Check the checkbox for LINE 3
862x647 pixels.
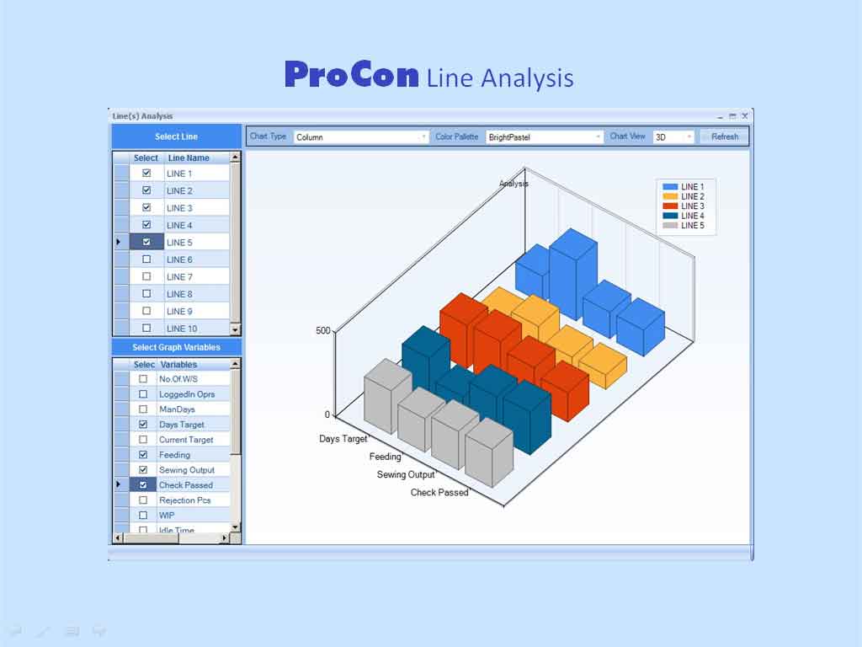click(x=146, y=207)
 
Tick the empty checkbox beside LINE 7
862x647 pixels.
click(x=146, y=276)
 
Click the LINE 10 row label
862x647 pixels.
click(x=182, y=329)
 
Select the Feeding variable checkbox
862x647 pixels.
click(x=143, y=454)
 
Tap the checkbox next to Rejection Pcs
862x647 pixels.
click(x=143, y=500)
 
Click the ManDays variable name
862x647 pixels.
click(x=177, y=409)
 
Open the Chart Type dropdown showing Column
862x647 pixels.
click(x=361, y=137)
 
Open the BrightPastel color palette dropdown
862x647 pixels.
click(x=544, y=137)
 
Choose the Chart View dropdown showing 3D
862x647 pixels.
click(x=673, y=137)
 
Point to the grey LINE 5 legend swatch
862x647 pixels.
click(x=670, y=226)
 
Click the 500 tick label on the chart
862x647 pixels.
click(x=322, y=330)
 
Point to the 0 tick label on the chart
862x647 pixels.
click(x=327, y=414)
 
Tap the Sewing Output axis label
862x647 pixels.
click(x=406, y=474)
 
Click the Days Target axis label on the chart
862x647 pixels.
click(x=343, y=438)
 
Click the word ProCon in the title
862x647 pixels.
click(x=352, y=75)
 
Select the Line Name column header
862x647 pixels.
click(x=189, y=158)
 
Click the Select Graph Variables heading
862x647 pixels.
click(x=177, y=347)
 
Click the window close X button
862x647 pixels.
click(x=745, y=116)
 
